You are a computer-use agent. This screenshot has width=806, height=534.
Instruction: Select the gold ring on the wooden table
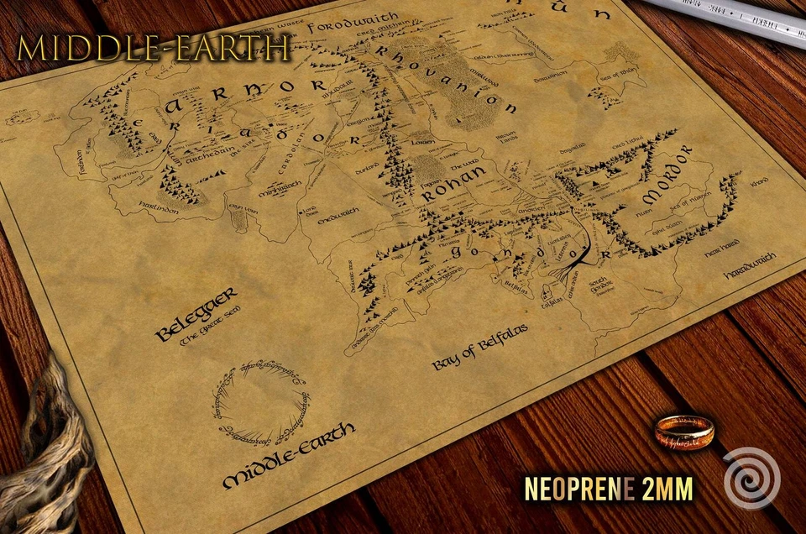click(x=684, y=431)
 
